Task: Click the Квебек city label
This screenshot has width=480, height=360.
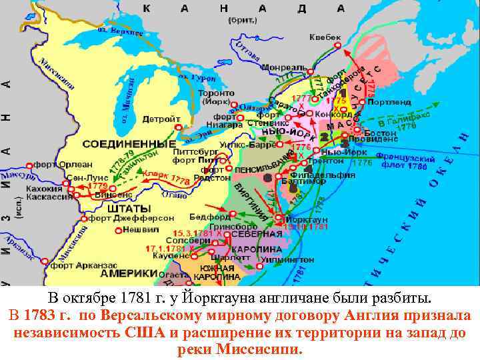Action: [x=325, y=37]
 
